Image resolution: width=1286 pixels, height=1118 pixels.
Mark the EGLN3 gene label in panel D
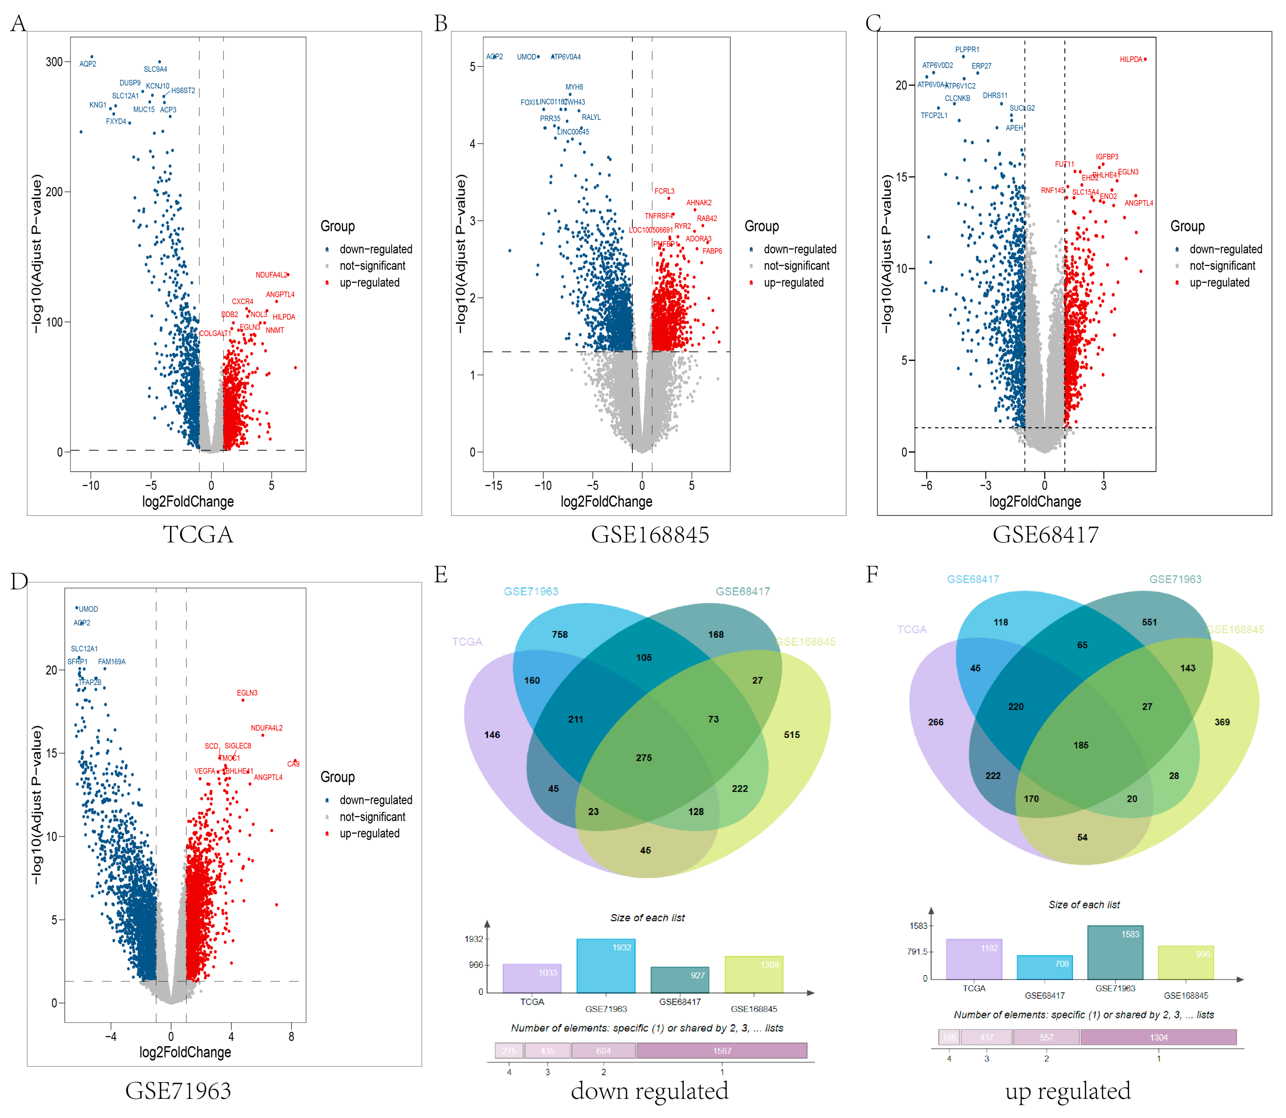pos(247,693)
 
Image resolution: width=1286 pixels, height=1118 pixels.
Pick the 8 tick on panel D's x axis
pos(291,1037)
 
